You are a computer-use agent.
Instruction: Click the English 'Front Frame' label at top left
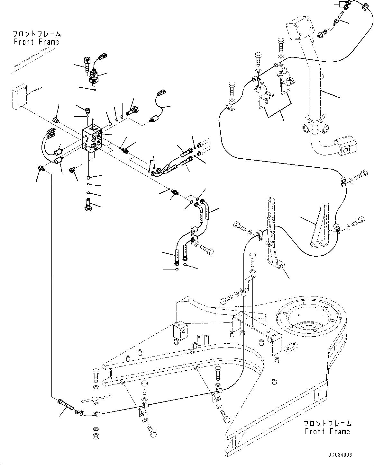click(x=36, y=42)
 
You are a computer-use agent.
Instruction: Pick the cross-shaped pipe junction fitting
click(x=314, y=128)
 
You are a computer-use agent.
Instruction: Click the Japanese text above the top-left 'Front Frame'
click(x=36, y=34)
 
